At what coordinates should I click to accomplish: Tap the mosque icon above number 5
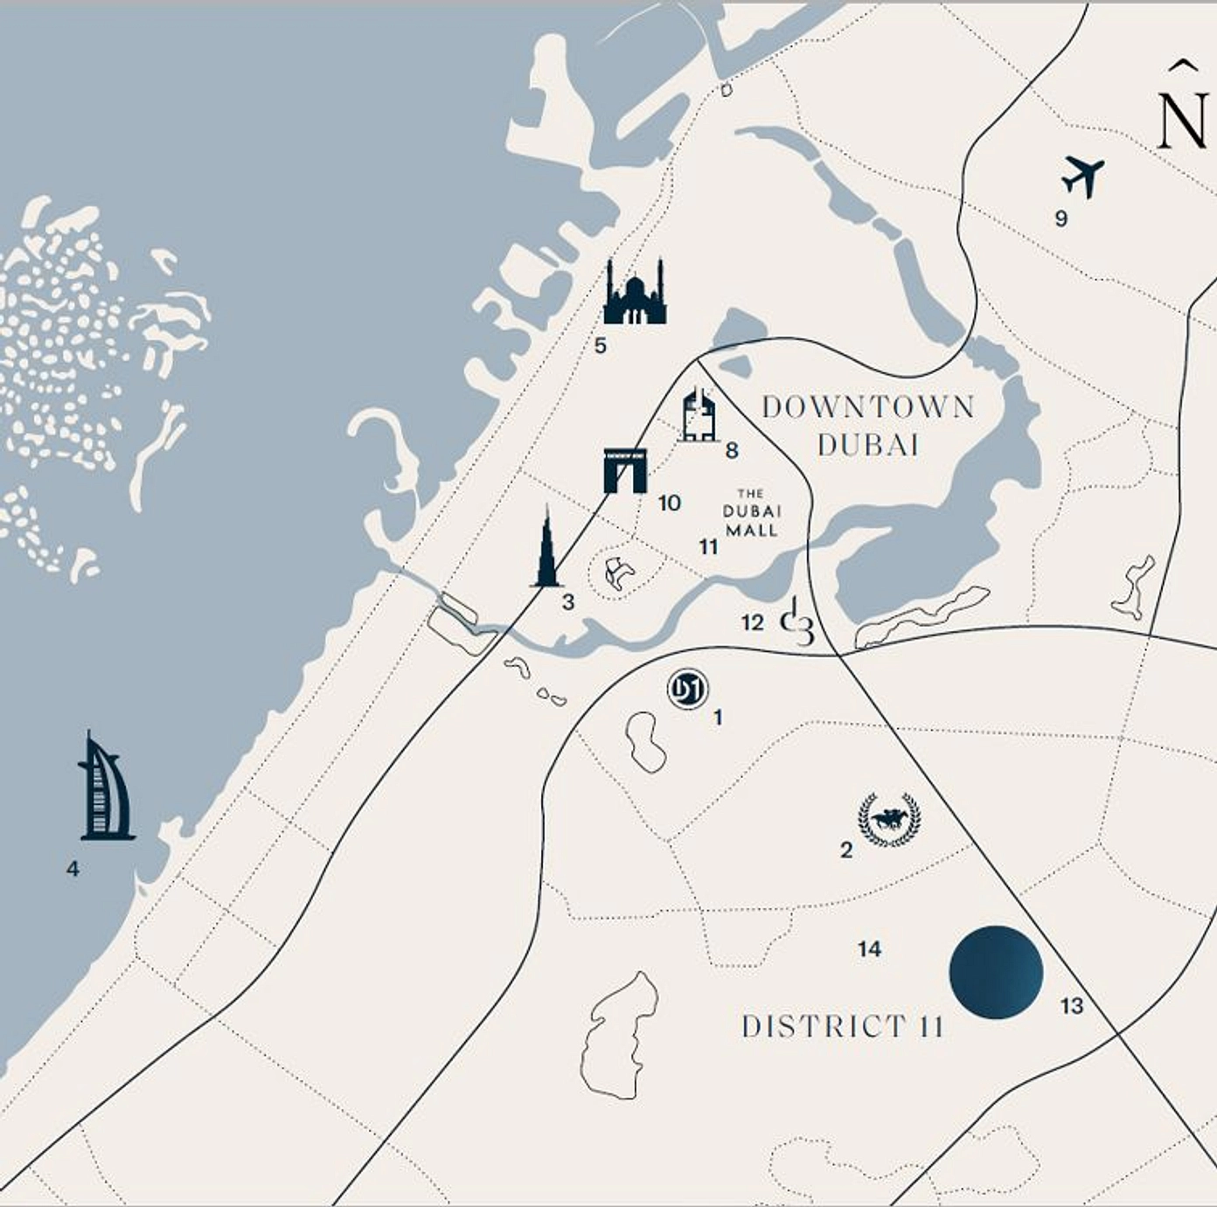pyautogui.click(x=635, y=294)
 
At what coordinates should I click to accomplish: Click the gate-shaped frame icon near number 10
pyautogui.click(x=625, y=470)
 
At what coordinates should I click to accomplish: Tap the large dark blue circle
pyautogui.click(x=996, y=972)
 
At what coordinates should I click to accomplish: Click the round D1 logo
pyautogui.click(x=687, y=690)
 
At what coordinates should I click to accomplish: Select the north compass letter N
pyautogui.click(x=1184, y=119)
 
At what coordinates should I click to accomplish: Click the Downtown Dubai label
pyautogui.click(x=867, y=426)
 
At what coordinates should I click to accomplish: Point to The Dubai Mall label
pyautogui.click(x=751, y=512)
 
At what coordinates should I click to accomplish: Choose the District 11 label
pyautogui.click(x=842, y=1026)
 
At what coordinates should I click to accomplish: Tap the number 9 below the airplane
pyautogui.click(x=1061, y=219)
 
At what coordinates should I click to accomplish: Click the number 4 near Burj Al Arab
pyautogui.click(x=73, y=869)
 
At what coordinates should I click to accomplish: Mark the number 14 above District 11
pyautogui.click(x=869, y=949)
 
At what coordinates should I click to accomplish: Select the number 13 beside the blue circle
pyautogui.click(x=1072, y=1006)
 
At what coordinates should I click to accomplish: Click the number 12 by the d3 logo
pyautogui.click(x=752, y=622)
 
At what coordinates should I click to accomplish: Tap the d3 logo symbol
pyautogui.click(x=797, y=621)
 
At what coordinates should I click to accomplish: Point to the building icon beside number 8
pyautogui.click(x=699, y=416)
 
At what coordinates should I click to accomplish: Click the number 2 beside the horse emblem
pyautogui.click(x=846, y=850)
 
